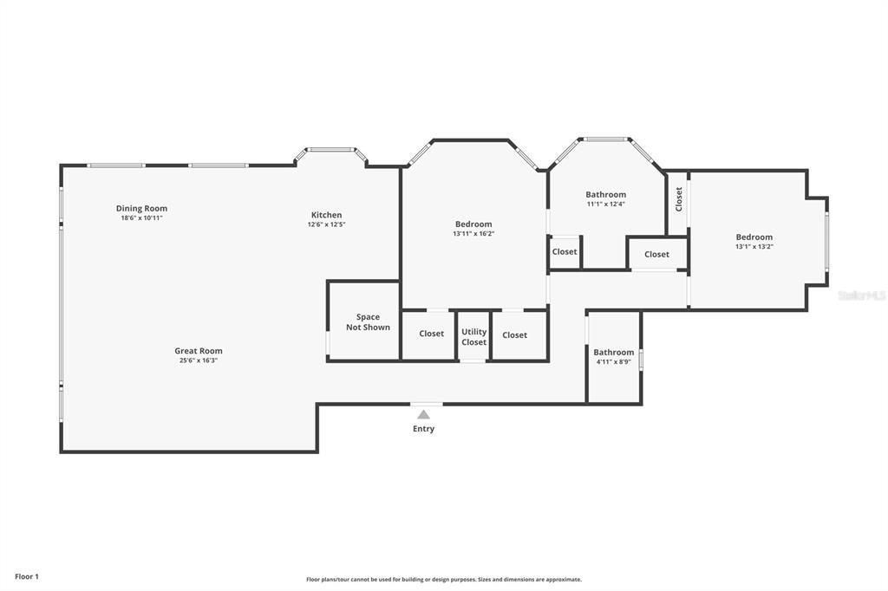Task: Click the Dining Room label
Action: [141, 208]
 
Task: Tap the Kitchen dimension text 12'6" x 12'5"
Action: [326, 224]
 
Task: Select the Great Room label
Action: [199, 351]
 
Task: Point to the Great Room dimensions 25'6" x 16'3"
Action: [199, 360]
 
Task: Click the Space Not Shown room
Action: [367, 322]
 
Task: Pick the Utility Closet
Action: [473, 336]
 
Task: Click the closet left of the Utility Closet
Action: [431, 334]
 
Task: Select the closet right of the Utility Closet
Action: [514, 334]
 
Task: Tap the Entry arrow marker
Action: [423, 414]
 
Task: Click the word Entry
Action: [423, 429]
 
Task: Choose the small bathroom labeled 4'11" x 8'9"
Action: [613, 356]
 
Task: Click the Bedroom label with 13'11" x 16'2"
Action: [473, 224]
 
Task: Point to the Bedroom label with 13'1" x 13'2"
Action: [754, 237]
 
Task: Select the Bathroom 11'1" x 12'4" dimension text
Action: [605, 205]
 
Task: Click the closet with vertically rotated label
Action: [678, 199]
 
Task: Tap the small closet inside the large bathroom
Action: [564, 252]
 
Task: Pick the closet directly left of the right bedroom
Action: [656, 254]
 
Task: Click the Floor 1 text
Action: [27, 576]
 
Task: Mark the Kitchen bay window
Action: [330, 151]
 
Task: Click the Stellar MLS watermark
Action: [861, 295]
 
